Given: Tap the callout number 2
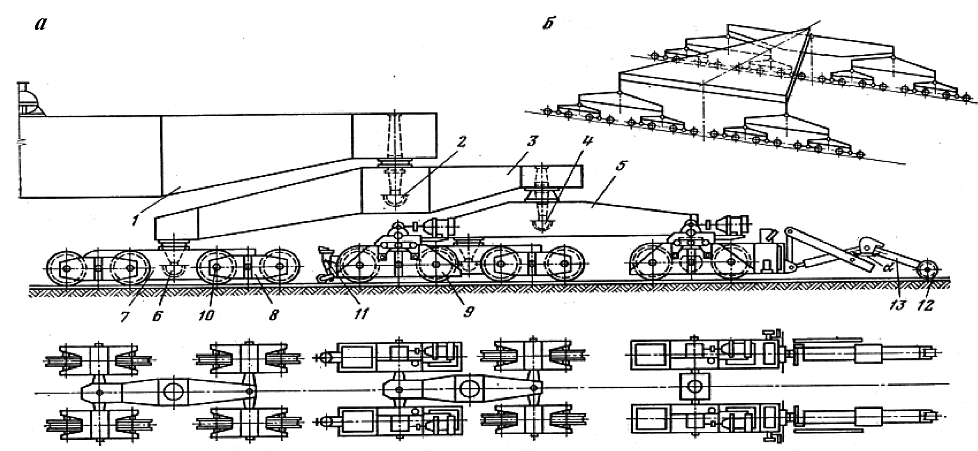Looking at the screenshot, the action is [462, 143].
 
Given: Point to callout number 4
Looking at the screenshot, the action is [588, 142].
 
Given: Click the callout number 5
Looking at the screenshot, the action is [622, 166].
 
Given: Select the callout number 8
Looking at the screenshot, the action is [273, 315].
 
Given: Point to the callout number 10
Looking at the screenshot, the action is [206, 315].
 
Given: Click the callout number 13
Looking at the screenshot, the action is [898, 304].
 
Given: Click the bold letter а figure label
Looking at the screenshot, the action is [41, 24].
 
